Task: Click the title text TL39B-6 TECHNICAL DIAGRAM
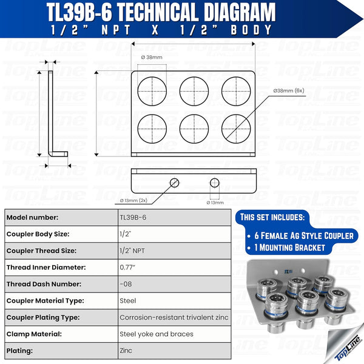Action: coord(161,12)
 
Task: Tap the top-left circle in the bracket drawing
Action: coord(152,91)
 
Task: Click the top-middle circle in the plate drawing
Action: coord(194,91)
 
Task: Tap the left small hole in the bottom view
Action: coord(175,182)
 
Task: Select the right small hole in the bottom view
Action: coord(214,182)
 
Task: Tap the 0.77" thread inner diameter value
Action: coord(129,267)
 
